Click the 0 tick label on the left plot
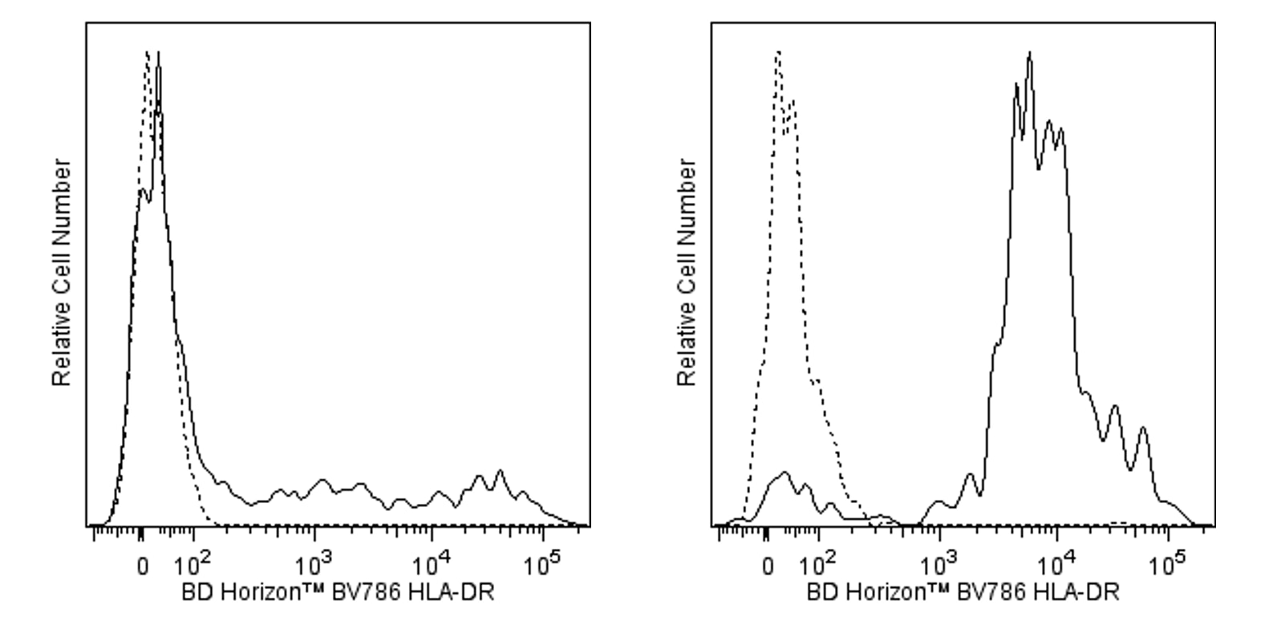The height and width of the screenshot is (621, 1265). (x=142, y=565)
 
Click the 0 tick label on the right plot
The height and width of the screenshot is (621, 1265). (x=768, y=565)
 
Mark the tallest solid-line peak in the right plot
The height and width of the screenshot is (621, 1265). (x=1029, y=54)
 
